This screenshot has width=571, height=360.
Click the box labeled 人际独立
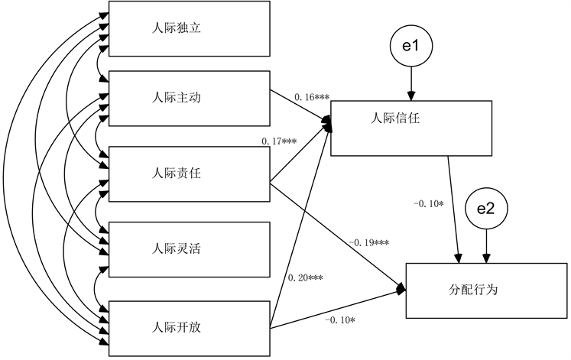190,29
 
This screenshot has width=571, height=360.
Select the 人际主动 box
190,98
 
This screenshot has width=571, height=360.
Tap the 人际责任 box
190,173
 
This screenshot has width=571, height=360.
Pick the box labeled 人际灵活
190,248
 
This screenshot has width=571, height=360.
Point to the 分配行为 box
486,290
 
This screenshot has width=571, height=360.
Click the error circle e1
412,47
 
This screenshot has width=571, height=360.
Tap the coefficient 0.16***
311,98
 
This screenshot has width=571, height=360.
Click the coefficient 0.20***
305,277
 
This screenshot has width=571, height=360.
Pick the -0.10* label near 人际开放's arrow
340,319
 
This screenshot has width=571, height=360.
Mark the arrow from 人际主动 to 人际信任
300,108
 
